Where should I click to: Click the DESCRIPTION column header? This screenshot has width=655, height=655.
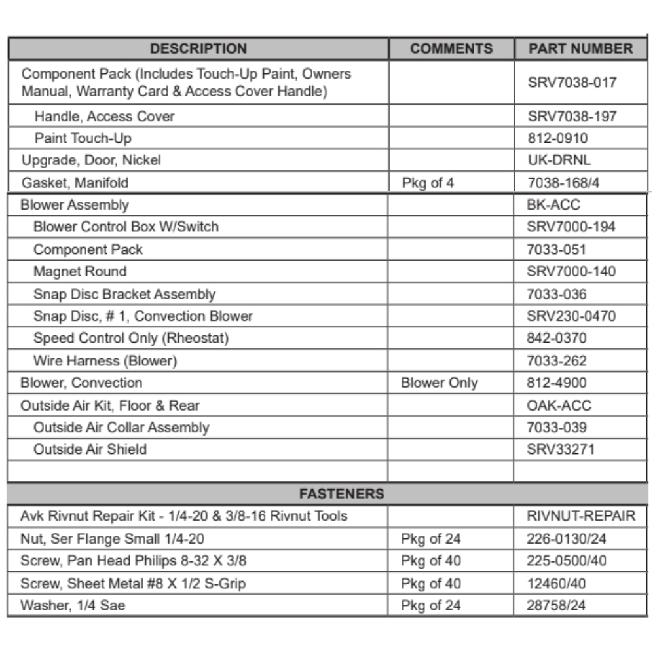tap(198, 48)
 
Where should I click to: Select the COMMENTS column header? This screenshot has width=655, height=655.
tap(451, 48)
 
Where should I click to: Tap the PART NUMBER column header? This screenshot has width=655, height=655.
tap(580, 48)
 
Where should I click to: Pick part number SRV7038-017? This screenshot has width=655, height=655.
tap(572, 83)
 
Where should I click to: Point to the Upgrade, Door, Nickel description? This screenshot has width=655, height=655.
tap(91, 160)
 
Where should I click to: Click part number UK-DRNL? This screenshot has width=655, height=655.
tap(559, 160)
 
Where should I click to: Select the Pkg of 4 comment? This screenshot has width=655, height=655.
tap(427, 183)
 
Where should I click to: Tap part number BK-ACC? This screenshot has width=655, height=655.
tap(553, 205)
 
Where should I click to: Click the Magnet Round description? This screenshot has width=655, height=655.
tap(80, 271)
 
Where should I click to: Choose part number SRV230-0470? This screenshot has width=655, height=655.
tap(571, 316)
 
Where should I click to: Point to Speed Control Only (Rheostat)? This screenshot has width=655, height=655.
tap(131, 338)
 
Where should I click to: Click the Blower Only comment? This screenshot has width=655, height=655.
tap(439, 383)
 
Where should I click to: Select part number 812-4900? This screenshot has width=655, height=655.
tap(557, 383)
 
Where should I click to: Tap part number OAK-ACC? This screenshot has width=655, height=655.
tap(559, 405)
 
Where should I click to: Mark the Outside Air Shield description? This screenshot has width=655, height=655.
tap(90, 449)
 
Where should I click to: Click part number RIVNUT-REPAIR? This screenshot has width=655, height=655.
tap(581, 516)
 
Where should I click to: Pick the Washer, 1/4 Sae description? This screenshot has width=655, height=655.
tap(73, 605)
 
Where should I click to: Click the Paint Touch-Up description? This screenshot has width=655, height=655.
tap(83, 138)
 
